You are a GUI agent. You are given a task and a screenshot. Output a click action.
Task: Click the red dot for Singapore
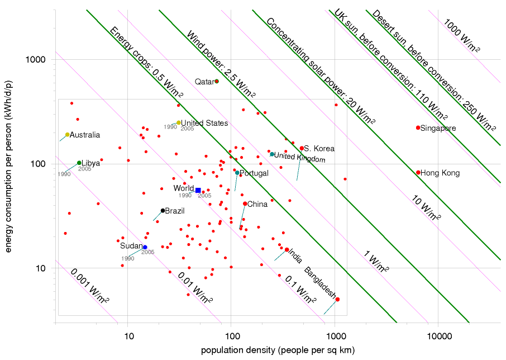click(418, 128)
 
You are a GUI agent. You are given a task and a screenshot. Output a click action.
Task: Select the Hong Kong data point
click(418, 173)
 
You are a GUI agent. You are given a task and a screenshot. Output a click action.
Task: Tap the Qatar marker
click(217, 81)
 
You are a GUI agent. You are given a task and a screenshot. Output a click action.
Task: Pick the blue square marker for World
click(198, 191)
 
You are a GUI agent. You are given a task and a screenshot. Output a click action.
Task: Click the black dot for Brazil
click(163, 211)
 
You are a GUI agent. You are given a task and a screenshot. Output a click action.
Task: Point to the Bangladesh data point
click(337, 300)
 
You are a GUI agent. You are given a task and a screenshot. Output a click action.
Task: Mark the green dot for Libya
click(79, 163)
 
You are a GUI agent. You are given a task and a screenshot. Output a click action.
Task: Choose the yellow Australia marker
click(68, 135)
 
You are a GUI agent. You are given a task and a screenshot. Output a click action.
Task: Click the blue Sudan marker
click(145, 247)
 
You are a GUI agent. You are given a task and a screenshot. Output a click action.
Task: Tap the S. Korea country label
click(319, 149)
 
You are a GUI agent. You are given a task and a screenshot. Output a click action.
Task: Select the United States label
click(204, 123)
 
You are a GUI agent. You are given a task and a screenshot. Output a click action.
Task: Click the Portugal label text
click(254, 173)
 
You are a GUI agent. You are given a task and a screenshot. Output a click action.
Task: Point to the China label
click(257, 204)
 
